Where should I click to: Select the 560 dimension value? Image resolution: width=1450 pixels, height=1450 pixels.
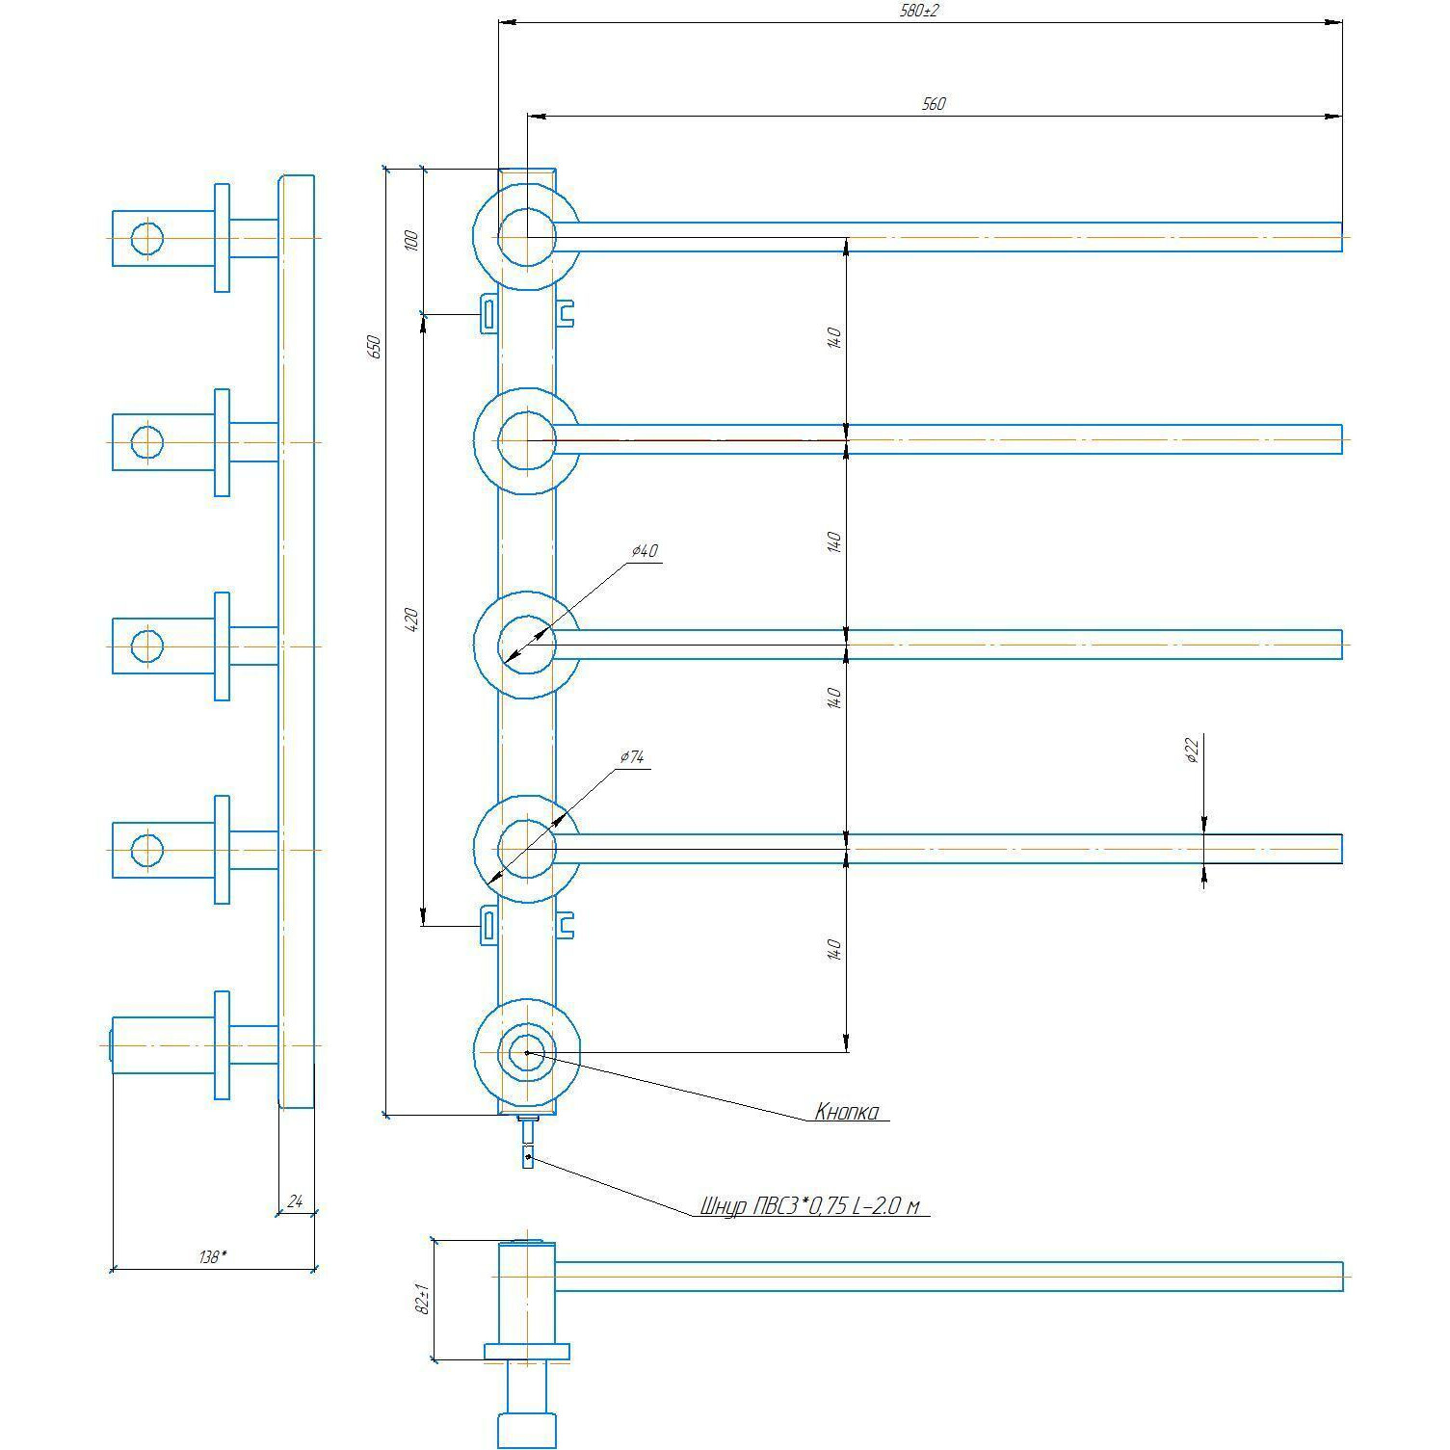pos(934,104)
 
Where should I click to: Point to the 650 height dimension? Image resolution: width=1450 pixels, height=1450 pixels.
pos(376,347)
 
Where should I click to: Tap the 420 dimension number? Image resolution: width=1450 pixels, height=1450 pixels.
pos(411,619)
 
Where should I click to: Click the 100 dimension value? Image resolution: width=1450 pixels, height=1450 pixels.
pos(411,240)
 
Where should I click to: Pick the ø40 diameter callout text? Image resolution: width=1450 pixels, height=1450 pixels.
pos(645,551)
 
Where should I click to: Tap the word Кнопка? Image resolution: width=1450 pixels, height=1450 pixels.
pos(847,1113)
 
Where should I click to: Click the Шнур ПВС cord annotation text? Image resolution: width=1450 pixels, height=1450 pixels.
pos(815,1206)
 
